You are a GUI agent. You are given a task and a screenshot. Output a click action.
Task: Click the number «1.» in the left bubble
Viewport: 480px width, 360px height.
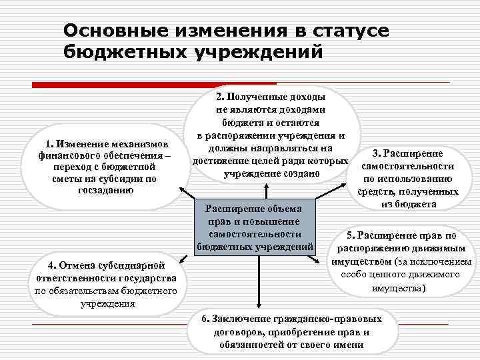[x=49, y=144]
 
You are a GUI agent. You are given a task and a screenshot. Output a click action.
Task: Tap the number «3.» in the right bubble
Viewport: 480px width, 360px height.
[x=377, y=155]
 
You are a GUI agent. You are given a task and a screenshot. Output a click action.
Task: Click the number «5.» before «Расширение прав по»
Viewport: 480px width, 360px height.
[x=351, y=235]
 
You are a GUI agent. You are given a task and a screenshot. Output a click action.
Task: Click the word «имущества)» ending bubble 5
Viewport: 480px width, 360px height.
[x=397, y=288]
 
